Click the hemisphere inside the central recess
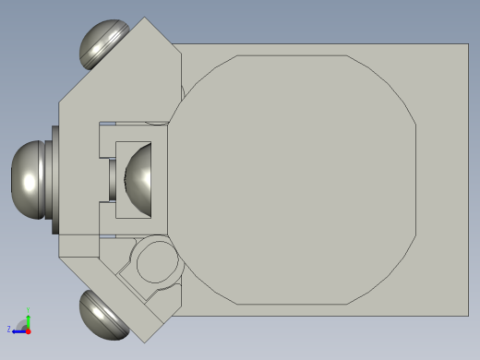coord(140,176)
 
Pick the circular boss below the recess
coord(154,263)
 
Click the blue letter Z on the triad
coord(9,329)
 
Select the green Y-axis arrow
coord(29,319)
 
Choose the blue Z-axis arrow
coord(18,330)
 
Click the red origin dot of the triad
coord(29,330)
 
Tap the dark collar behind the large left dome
coord(54,178)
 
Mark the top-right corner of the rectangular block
coord(468,44)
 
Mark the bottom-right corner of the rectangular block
coord(468,316)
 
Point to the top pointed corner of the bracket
coord(144,18)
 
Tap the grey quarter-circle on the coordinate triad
coord(23,323)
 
